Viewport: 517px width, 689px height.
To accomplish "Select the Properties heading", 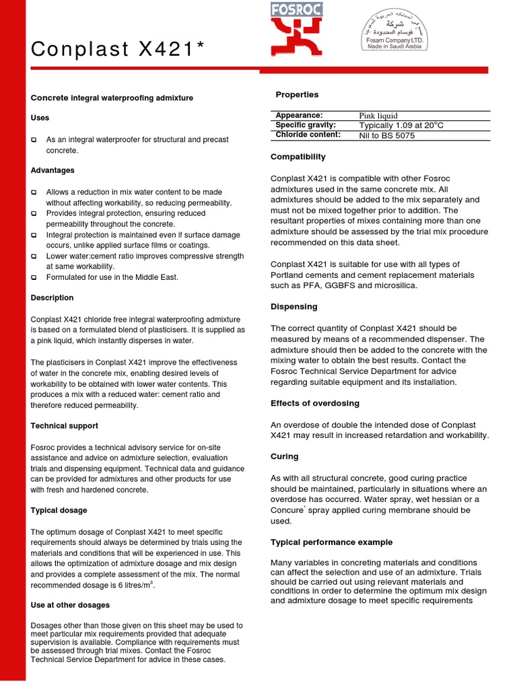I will click(297, 95).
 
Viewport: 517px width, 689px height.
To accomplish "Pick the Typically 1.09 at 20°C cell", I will click(401, 125).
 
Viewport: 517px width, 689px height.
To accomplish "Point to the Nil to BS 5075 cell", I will click(387, 135).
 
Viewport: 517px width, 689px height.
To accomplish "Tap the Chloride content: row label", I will click(308, 135).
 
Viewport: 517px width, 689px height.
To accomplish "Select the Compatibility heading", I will click(298, 157).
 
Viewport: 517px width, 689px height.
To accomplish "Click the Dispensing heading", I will click(294, 307).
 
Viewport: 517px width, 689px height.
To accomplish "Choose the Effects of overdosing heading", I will click(314, 404).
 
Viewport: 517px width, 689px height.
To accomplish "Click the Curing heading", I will click(284, 456).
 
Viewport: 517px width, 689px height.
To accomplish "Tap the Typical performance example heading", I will click(331, 542).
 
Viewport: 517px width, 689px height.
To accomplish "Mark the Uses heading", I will click(40, 118).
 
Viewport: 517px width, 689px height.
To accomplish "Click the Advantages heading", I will click(53, 170).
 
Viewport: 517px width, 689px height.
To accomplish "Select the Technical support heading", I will click(64, 426).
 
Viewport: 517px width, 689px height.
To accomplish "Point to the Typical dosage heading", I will click(59, 511).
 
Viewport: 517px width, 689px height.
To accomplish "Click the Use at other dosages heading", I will click(69, 605).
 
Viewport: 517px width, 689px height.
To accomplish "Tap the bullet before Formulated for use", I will click(34, 278).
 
